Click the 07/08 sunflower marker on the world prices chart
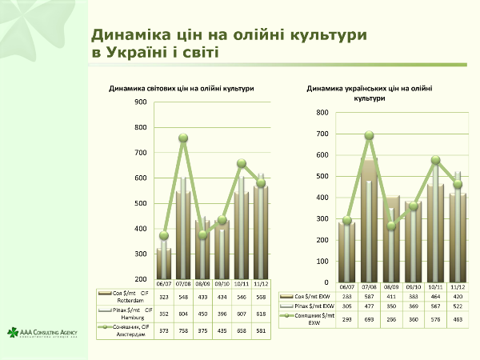pos(183,138)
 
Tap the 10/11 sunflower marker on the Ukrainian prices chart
pos(435,160)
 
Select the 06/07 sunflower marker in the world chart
pos(163,235)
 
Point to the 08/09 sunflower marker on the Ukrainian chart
pos(391,226)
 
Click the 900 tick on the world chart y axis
pos(141,102)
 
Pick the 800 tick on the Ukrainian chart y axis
pos(322,112)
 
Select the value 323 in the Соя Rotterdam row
pos(163,296)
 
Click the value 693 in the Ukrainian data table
pos(369,319)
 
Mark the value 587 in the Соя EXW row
pos(369,297)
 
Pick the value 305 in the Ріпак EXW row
pos(346,305)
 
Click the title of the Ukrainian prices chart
pos(369,93)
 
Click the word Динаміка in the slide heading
pos(134,35)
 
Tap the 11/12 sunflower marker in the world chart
pos(261,183)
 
